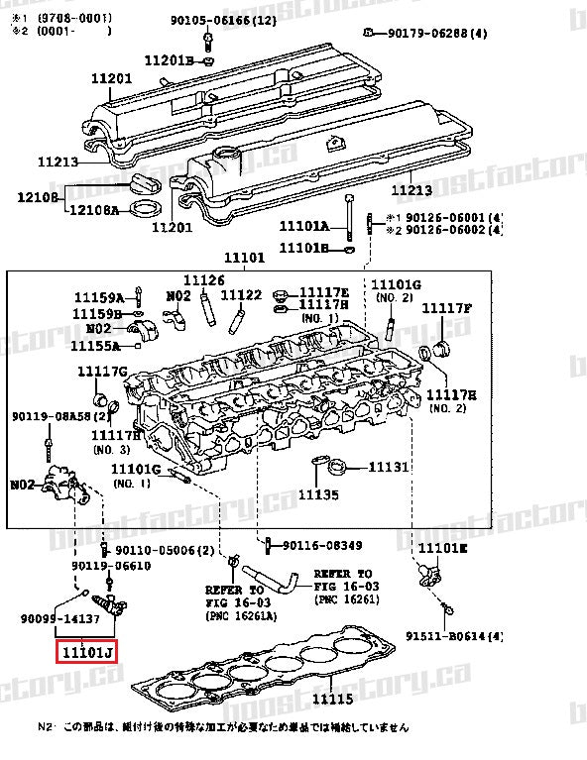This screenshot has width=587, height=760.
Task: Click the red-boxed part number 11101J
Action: (86, 651)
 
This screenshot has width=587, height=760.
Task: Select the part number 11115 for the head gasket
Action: (334, 699)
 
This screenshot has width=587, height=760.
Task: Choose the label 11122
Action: (240, 294)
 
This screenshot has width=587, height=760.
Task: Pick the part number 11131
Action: (389, 466)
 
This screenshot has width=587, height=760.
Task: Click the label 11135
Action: (318, 493)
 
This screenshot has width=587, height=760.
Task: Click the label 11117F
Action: (447, 308)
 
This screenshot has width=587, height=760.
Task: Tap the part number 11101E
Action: (442, 547)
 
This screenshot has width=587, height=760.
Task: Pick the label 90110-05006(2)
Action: (164, 550)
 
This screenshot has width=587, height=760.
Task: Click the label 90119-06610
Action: (117, 566)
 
